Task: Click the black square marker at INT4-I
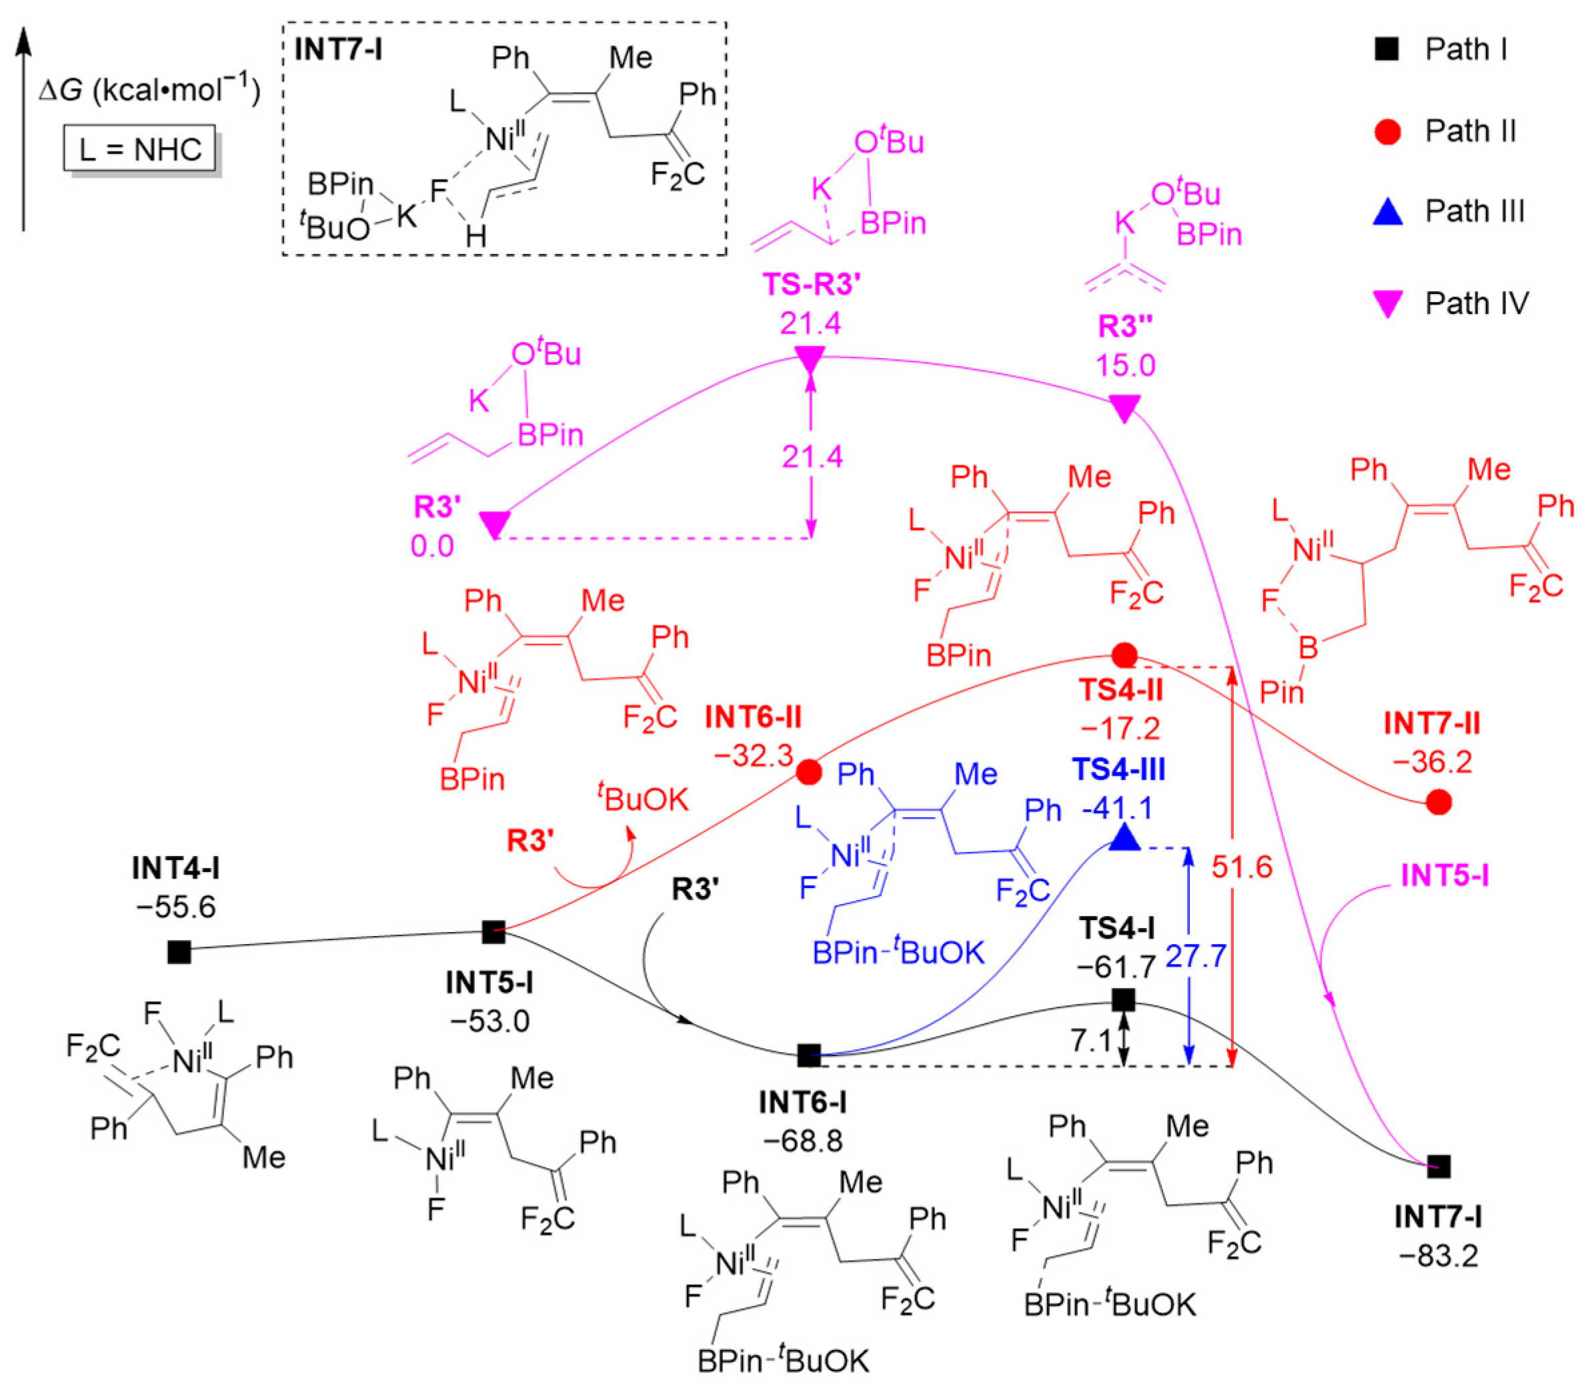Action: point(179,952)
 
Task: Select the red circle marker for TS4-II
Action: point(1124,656)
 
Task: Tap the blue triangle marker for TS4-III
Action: point(1124,838)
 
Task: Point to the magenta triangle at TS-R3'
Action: point(810,359)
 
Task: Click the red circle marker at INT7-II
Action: point(1438,803)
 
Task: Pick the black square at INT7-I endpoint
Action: point(1438,1166)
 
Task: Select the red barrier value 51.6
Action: point(1242,867)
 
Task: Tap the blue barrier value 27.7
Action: point(1195,956)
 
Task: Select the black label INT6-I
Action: point(803,1103)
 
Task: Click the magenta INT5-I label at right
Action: point(1445,875)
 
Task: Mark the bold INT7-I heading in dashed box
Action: point(338,50)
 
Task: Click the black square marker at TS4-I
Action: point(1123,1000)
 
